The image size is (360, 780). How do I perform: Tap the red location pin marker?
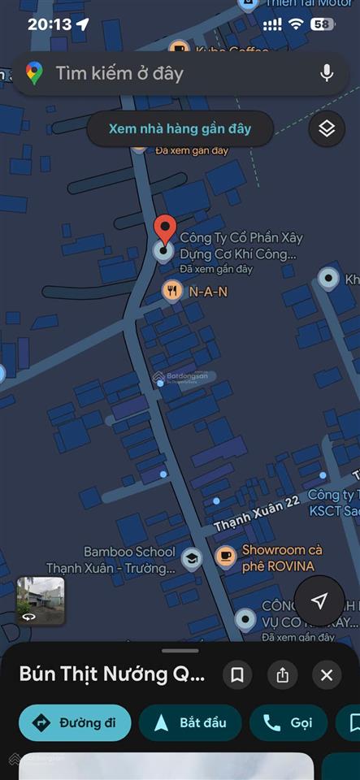pos(165,230)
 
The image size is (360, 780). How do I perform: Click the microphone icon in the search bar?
pos(327,73)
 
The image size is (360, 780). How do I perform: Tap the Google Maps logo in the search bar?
pos(34,73)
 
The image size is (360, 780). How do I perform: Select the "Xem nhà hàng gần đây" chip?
pos(180,128)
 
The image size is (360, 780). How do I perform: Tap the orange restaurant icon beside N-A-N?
pos(172,290)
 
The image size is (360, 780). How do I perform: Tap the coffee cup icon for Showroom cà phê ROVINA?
pos(225,557)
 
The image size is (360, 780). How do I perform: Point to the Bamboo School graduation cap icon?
pos(191,558)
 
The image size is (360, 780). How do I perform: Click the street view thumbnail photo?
pos(41,600)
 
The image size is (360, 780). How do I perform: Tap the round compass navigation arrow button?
pos(319,600)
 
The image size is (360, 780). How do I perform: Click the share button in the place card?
pos(283,675)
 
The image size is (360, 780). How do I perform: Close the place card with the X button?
pos(327,675)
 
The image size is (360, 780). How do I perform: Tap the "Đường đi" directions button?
pos(75,723)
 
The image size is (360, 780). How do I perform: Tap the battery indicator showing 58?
pos(323,24)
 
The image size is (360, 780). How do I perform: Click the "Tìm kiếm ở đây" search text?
pos(119,73)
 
